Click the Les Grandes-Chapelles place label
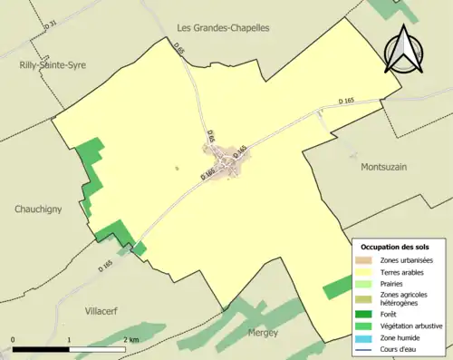[x=223, y=28]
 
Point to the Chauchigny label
[x=38, y=209]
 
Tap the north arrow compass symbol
[x=405, y=50]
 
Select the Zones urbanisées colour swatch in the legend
[x=367, y=260]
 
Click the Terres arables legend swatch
[x=367, y=271]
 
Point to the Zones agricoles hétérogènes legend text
[x=404, y=298]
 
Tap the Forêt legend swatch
[x=367, y=314]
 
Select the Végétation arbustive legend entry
[x=404, y=325]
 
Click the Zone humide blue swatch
[x=367, y=336]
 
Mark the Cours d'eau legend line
[x=367, y=346]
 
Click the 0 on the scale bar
[x=13, y=340]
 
